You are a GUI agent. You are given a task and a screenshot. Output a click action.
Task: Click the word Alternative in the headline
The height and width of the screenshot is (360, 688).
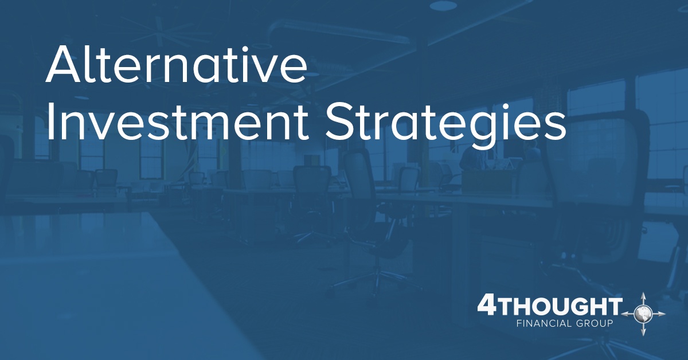point(177,64)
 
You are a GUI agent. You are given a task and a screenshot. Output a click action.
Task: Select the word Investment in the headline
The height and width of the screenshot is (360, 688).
point(177,122)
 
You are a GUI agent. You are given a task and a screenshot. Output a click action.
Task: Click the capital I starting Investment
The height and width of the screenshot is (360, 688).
point(49,122)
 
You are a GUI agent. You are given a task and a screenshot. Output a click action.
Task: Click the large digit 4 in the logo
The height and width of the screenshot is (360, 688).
point(487,304)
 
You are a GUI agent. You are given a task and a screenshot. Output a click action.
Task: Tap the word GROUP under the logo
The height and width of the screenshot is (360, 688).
point(595,323)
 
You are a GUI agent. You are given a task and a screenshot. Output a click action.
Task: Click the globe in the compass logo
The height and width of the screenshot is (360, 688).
point(643,314)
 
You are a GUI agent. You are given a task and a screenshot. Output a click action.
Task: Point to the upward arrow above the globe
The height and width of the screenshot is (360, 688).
point(643,299)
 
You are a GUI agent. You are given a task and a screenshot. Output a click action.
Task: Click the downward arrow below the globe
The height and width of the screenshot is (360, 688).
point(643,329)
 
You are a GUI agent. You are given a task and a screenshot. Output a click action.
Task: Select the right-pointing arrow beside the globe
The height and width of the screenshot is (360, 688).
point(659,314)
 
